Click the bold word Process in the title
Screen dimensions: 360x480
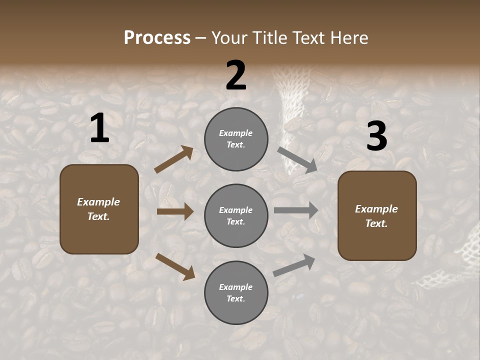click(x=157, y=38)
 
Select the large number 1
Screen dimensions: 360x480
click(x=99, y=128)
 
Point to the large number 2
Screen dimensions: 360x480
click(x=236, y=76)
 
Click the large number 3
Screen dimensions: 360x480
click(x=376, y=136)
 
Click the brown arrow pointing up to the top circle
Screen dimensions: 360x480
click(x=174, y=159)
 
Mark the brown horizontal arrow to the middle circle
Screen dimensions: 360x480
click(x=175, y=211)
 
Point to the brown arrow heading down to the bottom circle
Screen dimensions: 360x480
click(x=175, y=266)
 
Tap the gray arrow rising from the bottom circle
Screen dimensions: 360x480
click(x=294, y=265)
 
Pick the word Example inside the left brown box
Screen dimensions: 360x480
click(x=98, y=202)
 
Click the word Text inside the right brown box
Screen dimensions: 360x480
click(x=376, y=223)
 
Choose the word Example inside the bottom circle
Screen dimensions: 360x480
click(x=236, y=287)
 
